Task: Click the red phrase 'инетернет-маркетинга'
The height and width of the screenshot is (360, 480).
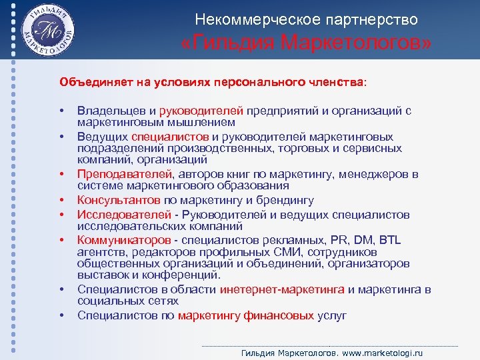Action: click(281, 289)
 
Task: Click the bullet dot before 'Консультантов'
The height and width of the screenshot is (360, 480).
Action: click(61, 200)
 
